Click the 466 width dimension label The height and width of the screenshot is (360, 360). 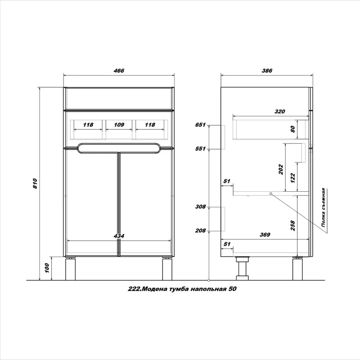pyautogui.click(x=119, y=71)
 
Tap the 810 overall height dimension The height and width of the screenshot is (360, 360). pyautogui.click(x=35, y=184)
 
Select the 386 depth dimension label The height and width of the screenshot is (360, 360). pyautogui.click(x=267, y=71)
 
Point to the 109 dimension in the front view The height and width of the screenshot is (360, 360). pyautogui.click(x=119, y=125)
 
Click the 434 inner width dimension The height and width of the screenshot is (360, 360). pyautogui.click(x=119, y=236)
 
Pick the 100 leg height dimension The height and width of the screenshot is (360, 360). pyautogui.click(x=47, y=268)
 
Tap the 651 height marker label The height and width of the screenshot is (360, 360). pyautogui.click(x=200, y=125)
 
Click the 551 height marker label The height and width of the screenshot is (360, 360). pyautogui.click(x=200, y=149)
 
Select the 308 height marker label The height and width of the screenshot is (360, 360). pyautogui.click(x=200, y=207)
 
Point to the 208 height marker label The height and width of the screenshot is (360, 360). pyautogui.click(x=200, y=230)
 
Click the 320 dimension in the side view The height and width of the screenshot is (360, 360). pyautogui.click(x=279, y=112)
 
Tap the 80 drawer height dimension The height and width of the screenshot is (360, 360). pyautogui.click(x=292, y=129)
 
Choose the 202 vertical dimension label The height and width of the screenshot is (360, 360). pyautogui.click(x=281, y=169)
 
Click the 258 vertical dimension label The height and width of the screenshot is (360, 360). pyautogui.click(x=292, y=225)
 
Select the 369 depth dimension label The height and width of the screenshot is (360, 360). pyautogui.click(x=265, y=234)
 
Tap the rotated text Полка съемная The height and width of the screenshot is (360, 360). pyautogui.click(x=323, y=208)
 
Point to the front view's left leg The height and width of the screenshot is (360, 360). pyautogui.click(x=70, y=269)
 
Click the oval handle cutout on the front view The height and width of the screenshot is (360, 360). pyautogui.click(x=119, y=148)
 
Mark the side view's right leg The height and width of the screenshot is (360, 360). pyautogui.click(x=298, y=269)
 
